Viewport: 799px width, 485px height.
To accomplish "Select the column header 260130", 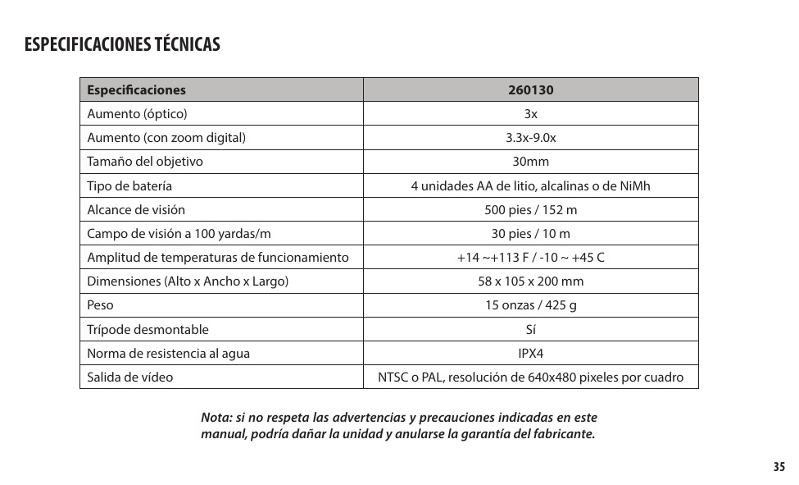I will click(x=530, y=90).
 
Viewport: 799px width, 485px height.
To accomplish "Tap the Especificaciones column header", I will click(x=137, y=90).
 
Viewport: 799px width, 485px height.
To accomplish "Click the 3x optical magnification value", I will click(x=530, y=114).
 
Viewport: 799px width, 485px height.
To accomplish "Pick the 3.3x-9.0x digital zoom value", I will click(x=530, y=138).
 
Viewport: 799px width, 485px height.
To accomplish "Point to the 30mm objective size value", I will click(x=530, y=162).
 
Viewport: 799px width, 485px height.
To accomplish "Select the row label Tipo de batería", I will click(x=129, y=186).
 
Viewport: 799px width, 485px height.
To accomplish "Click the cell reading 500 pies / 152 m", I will click(x=530, y=210).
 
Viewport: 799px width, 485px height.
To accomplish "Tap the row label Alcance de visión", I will click(x=136, y=210).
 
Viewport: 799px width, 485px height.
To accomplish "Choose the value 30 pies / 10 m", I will click(x=530, y=234).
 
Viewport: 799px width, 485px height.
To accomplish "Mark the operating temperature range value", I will click(x=530, y=258).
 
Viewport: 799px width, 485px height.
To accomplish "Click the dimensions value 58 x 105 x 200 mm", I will click(x=530, y=281).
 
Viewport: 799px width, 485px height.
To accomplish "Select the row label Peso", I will click(x=101, y=305).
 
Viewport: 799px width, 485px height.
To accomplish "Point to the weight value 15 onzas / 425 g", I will click(x=530, y=305).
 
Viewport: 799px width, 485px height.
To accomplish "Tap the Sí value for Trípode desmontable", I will click(x=530, y=330).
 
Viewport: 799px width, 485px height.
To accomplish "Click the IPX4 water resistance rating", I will click(x=530, y=354).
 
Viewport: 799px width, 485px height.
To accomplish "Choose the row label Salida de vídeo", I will click(x=130, y=377).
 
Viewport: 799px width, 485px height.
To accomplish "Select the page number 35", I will click(x=778, y=467).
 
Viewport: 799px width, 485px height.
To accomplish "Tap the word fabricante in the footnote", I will click(x=565, y=433).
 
